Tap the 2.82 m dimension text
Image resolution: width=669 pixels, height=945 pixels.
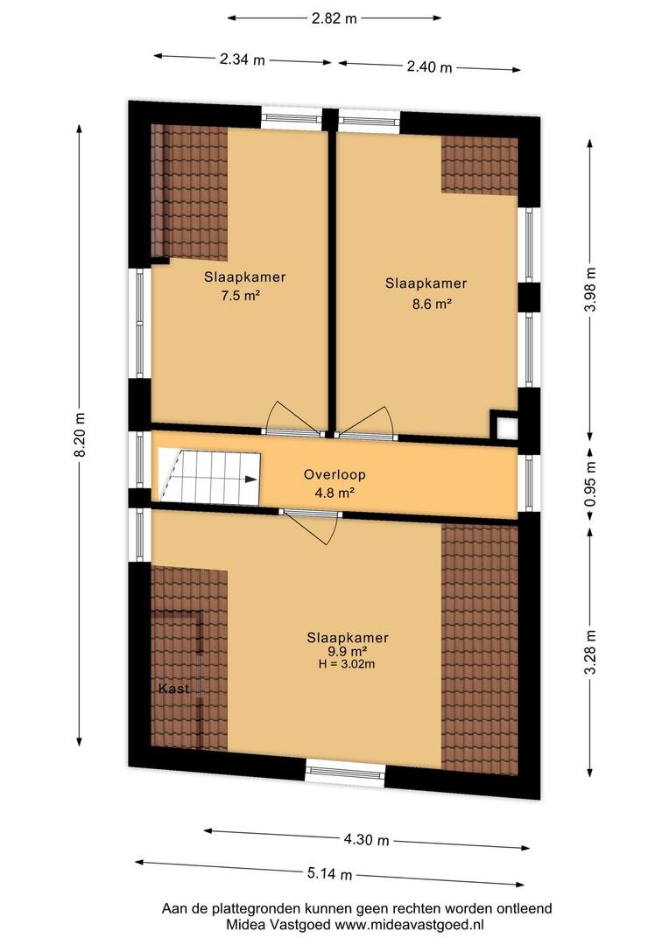pyautogui.click(x=334, y=18)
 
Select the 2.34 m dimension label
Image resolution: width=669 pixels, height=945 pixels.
pyautogui.click(x=242, y=59)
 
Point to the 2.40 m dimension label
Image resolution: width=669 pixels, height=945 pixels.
pyautogui.click(x=429, y=66)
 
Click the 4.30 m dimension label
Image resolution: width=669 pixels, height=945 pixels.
pyautogui.click(x=366, y=839)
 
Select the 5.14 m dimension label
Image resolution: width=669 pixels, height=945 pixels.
pyautogui.click(x=329, y=873)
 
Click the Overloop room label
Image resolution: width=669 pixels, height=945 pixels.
pyautogui.click(x=334, y=474)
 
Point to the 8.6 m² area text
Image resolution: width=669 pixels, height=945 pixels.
pyautogui.click(x=432, y=304)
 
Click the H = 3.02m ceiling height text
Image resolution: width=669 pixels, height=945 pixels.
pyautogui.click(x=347, y=664)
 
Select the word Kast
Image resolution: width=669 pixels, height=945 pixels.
pyautogui.click(x=173, y=689)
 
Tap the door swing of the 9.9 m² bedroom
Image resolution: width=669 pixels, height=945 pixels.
pyautogui.click(x=312, y=528)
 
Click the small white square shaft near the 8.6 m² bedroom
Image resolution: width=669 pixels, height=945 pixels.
pyautogui.click(x=506, y=428)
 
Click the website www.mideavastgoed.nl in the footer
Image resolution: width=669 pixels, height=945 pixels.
pyautogui.click(x=410, y=925)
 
